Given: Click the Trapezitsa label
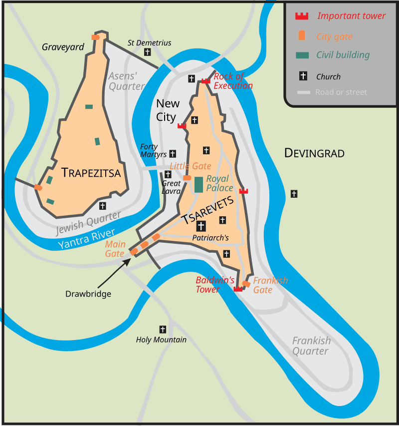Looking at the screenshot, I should pyautogui.click(x=91, y=173).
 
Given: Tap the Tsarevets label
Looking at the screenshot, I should pyautogui.click(x=207, y=211).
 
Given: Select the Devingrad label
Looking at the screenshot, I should pyautogui.click(x=314, y=153).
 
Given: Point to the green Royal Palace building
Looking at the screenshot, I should pyautogui.click(x=199, y=184).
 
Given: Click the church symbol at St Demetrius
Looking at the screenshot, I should pyautogui.click(x=147, y=52).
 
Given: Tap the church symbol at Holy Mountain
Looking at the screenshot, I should pyautogui.click(x=162, y=329).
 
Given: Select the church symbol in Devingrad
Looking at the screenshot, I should pyautogui.click(x=294, y=193).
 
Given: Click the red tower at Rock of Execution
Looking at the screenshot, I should pyautogui.click(x=205, y=80).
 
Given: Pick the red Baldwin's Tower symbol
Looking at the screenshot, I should pyautogui.click(x=238, y=289).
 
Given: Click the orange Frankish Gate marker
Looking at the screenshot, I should pyautogui.click(x=246, y=284).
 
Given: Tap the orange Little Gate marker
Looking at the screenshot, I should pyautogui.click(x=187, y=177).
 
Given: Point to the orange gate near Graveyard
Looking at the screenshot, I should pyautogui.click(x=95, y=37).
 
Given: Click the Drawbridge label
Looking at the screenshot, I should pyautogui.click(x=88, y=294).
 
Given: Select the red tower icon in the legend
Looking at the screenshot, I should pyautogui.click(x=301, y=16).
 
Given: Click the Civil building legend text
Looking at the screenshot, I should pyautogui.click(x=343, y=55).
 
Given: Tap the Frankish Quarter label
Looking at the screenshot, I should pyautogui.click(x=311, y=346).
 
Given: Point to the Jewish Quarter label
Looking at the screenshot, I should pyautogui.click(x=88, y=223).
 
